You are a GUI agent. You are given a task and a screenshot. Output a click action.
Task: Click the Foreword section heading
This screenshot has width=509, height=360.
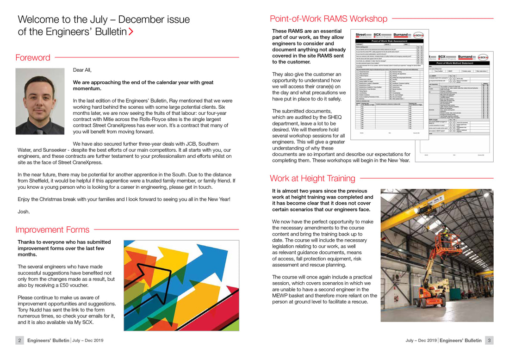pos(33,58)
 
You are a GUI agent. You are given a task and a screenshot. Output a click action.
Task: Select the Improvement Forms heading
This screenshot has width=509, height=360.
pos(52,230)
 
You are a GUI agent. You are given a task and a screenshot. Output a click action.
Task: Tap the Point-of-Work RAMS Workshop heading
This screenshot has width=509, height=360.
pos(329,19)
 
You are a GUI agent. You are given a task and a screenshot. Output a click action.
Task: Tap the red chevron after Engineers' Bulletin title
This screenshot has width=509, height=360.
pos(131,32)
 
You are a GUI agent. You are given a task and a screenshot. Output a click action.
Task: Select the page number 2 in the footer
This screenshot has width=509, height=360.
pos(20,341)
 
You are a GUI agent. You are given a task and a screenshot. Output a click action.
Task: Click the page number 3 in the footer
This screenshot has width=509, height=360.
pos(490,341)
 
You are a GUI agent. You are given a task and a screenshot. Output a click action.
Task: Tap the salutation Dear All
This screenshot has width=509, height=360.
pos(82,70)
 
